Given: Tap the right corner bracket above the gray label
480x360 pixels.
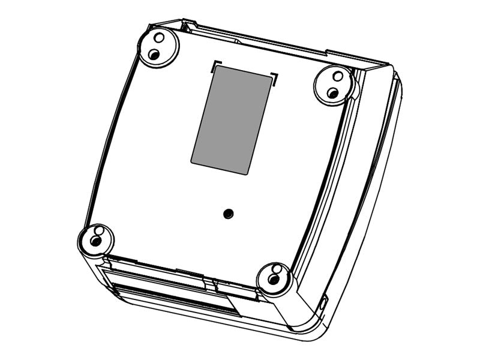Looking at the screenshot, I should click(x=275, y=77).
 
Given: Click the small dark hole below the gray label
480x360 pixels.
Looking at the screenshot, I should click(x=227, y=214).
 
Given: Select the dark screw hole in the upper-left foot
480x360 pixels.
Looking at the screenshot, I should click(x=154, y=55).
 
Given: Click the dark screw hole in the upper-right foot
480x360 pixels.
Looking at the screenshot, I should click(x=333, y=93).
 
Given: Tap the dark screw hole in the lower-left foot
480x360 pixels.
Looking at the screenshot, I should click(x=95, y=242).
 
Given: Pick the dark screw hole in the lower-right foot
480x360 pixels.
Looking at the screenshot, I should click(x=274, y=280).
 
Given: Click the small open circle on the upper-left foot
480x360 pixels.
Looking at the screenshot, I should click(x=159, y=38).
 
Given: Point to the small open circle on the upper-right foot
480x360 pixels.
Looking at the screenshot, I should click(x=338, y=76).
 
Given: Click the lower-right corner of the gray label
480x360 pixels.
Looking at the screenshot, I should click(x=247, y=173).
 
